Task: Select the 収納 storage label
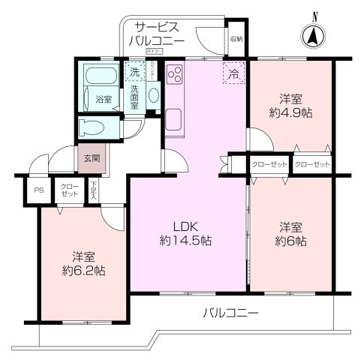pyautogui.click(x=236, y=38)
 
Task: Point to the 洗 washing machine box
pyautogui.click(x=134, y=73)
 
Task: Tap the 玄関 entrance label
pyautogui.click(x=91, y=157)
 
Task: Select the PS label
pyautogui.click(x=38, y=190)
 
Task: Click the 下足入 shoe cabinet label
pyautogui.click(x=94, y=189)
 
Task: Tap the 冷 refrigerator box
pyautogui.click(x=233, y=73)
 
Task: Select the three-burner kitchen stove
pyautogui.click(x=175, y=75)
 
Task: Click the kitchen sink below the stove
pyautogui.click(x=173, y=119)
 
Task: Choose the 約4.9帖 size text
pyautogui.click(x=292, y=112)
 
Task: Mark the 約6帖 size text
pyautogui.click(x=292, y=241)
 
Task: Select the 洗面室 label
pyautogui.click(x=134, y=96)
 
